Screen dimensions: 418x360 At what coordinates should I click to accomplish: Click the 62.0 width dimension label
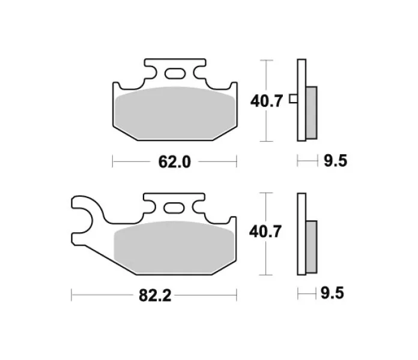(175, 162)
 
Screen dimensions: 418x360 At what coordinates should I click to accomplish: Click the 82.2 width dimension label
(155, 295)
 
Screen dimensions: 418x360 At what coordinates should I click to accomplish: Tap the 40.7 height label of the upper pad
(266, 101)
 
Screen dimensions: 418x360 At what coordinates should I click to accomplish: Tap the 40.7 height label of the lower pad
(265, 232)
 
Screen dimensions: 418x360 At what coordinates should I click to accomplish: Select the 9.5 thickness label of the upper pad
(335, 161)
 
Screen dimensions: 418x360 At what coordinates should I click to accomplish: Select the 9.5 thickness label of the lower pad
(332, 293)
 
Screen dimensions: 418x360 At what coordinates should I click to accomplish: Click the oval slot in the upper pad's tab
(175, 74)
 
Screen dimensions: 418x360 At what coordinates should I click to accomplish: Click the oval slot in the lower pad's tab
(174, 208)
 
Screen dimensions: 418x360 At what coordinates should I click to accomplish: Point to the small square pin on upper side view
(294, 99)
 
